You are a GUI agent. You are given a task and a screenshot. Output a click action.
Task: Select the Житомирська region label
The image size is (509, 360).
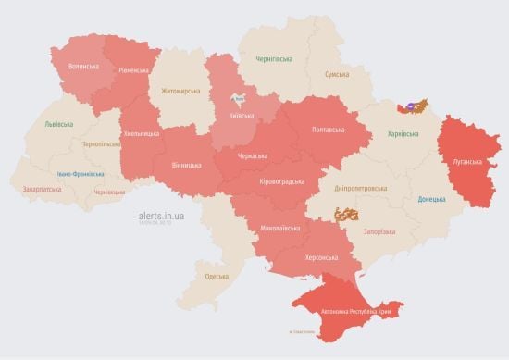click(x=180, y=91)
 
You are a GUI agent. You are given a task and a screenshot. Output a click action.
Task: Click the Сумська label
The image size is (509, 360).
click(x=337, y=74)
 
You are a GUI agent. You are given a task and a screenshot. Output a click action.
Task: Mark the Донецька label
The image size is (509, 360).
click(x=431, y=199)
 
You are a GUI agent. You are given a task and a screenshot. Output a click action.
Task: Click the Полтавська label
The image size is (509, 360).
click(x=329, y=130)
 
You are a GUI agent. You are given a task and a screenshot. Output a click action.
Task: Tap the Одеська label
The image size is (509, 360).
click(x=217, y=277)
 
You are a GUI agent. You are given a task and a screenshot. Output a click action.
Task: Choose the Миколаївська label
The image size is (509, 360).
click(x=279, y=227)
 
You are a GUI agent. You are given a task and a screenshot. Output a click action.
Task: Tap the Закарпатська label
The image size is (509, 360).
click(x=43, y=189)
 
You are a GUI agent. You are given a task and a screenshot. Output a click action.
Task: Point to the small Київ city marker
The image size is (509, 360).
click(x=239, y=97)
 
